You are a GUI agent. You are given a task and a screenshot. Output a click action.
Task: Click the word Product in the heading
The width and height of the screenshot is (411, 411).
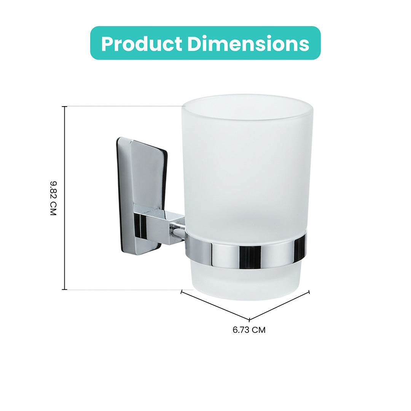tap(142, 43)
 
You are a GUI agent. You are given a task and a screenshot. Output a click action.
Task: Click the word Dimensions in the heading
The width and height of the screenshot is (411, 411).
tap(248, 43)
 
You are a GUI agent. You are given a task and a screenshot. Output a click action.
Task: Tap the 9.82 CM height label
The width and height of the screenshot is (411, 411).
tap(53, 198)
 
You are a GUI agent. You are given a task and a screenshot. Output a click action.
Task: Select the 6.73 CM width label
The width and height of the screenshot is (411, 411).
tap(249, 330)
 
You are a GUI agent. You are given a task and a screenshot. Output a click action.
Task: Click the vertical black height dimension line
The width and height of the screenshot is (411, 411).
tap(64, 198)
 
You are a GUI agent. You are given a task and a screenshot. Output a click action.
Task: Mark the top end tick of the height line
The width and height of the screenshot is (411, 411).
tap(64, 107)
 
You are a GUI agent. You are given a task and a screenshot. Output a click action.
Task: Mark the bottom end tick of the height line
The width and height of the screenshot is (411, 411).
tap(64, 290)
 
